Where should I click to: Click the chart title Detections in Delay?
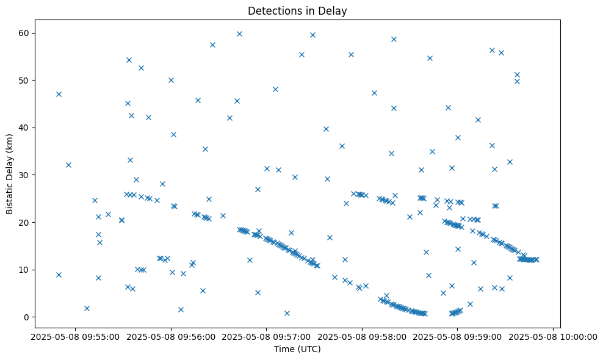pos(297,11)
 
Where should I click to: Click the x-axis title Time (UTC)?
pos(297,349)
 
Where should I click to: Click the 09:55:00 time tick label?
pos(76,336)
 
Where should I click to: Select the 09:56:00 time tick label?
pos(172,336)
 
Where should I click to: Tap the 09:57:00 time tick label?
pos(267,336)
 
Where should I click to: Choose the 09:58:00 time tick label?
pos(363,336)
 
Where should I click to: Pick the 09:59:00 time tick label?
pos(458,336)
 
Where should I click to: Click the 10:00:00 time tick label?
pos(554,336)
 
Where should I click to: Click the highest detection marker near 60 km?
pos(239,34)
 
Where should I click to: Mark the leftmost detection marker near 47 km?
pos(59,94)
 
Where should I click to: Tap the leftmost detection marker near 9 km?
pos(59,275)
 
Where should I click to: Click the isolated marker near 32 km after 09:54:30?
pos(68,165)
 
